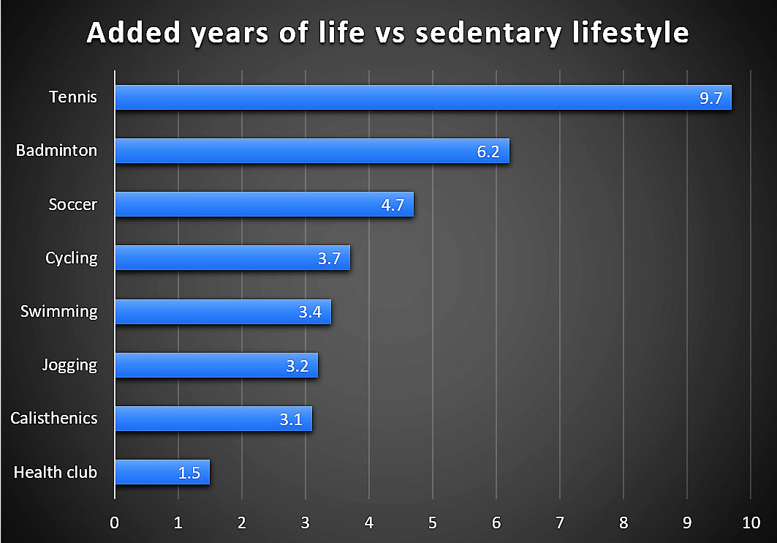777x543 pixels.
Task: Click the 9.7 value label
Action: [710, 98]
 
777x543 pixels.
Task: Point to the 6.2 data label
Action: [488, 151]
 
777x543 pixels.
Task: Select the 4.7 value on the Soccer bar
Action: [393, 205]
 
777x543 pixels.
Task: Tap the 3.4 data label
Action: [310, 312]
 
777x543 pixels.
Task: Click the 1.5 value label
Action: [189, 473]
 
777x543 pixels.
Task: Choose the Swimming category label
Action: [58, 311]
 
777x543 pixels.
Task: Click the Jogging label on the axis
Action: [69, 364]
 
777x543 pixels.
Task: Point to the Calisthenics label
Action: [53, 418]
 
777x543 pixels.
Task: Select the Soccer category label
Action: [72, 204]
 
